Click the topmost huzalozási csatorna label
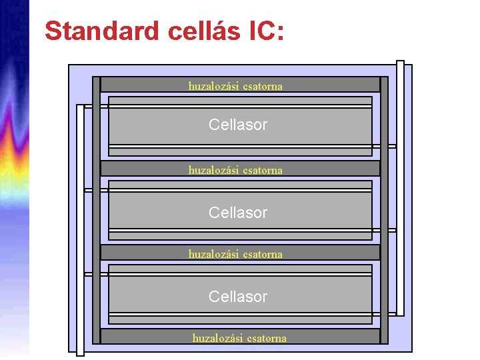coord(235,85)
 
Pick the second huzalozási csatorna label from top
coord(235,169)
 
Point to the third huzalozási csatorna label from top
coord(235,253)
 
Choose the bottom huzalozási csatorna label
coord(239,337)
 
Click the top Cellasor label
coord(238,125)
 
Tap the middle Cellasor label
coord(238,213)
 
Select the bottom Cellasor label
coord(238,297)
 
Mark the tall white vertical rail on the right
coord(400,187)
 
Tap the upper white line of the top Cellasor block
coord(240,106)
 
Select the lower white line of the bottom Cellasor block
coord(240,314)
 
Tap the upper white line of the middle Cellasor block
coord(240,190)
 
